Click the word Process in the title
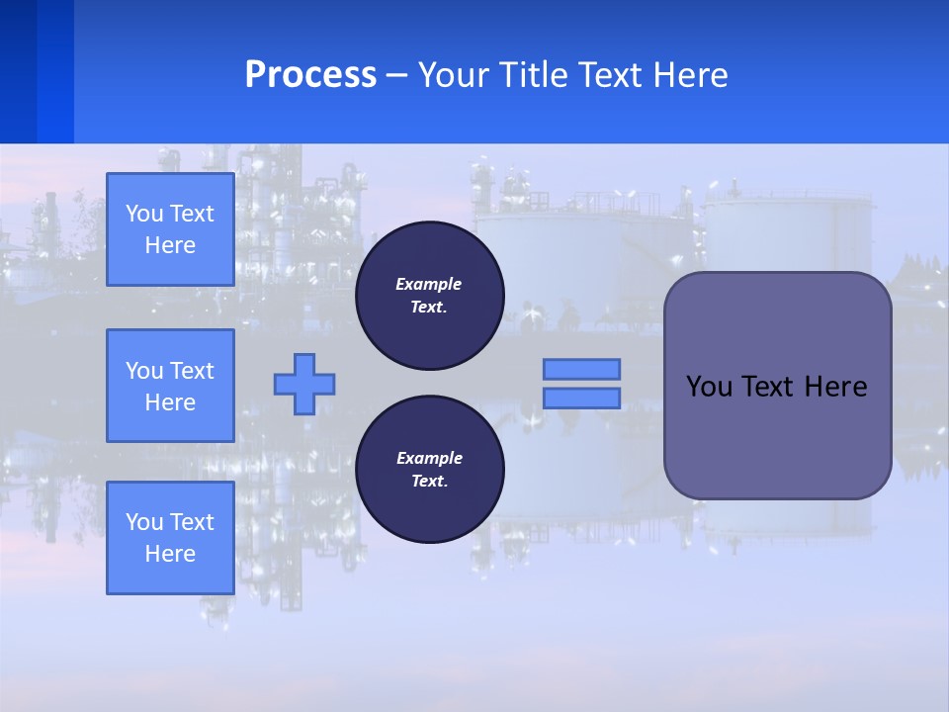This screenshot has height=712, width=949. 310,75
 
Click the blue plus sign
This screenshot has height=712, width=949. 304,384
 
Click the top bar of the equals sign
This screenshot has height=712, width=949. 582,369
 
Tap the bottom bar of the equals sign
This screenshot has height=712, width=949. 582,398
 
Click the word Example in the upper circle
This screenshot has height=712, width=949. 429,284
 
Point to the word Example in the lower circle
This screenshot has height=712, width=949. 429,458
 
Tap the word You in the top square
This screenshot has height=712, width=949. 144,214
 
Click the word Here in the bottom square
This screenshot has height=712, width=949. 170,554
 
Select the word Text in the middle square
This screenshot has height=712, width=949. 192,371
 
